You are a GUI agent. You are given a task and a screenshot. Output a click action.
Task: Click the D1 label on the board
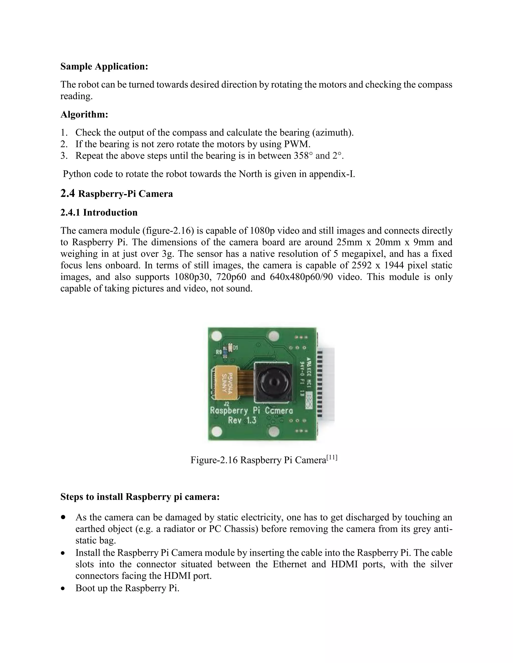coord(235,347)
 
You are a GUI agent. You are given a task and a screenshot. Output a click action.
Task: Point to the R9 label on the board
coord(219,352)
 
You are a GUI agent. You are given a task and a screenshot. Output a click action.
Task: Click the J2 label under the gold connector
coord(226,404)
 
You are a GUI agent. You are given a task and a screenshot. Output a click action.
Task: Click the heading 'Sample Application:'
coord(104,67)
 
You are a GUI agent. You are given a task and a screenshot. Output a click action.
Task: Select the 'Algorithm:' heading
coord(84,115)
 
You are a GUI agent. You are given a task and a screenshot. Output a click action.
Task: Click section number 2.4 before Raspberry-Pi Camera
coord(67,193)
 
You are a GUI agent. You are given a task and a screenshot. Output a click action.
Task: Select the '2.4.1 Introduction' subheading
coord(99,212)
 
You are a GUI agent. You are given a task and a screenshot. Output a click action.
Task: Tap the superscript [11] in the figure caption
coord(332,457)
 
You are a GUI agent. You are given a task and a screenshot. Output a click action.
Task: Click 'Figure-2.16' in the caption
coord(214,460)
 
